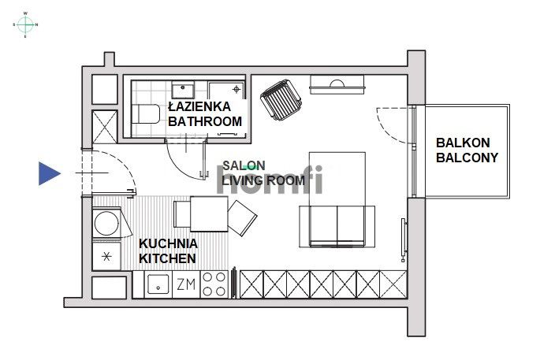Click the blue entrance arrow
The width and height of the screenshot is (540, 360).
click(x=49, y=173)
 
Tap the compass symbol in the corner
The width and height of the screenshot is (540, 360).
click(x=25, y=24)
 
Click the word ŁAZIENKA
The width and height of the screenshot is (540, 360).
click(x=199, y=106)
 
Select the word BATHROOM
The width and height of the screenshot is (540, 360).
click(x=204, y=121)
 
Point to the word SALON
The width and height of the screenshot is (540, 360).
click(x=244, y=165)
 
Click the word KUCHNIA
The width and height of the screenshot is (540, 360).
click(x=168, y=243)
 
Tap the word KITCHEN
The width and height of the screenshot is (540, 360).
click(x=167, y=258)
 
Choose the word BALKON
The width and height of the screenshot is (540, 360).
click(x=463, y=143)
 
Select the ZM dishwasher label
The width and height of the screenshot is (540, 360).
click(x=185, y=284)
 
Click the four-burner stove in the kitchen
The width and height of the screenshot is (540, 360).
click(x=214, y=284)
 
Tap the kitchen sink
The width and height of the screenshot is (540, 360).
click(x=158, y=284)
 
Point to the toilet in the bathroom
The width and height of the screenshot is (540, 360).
click(x=144, y=115)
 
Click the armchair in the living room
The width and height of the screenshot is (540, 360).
click(x=281, y=102)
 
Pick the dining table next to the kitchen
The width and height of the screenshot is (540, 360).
click(x=201, y=214)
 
